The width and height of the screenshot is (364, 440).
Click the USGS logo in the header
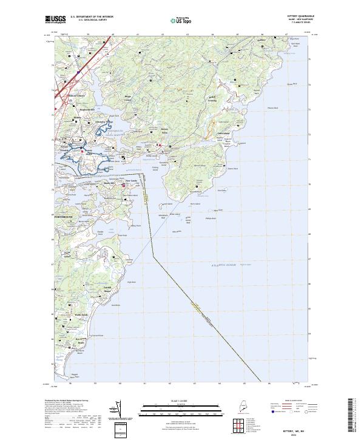pyautogui.click(x=55, y=19)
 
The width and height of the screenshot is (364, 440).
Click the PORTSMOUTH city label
pyautogui.click(x=62, y=217)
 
